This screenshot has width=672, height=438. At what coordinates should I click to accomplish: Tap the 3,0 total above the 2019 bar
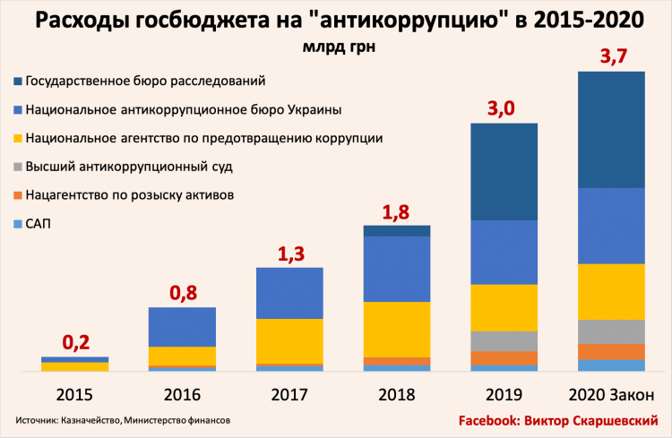(x=504, y=110)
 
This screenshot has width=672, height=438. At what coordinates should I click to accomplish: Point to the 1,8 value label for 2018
(x=397, y=212)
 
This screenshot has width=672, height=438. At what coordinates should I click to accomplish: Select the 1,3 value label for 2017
(x=289, y=254)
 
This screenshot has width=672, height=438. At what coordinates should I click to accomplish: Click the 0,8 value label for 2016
(x=182, y=293)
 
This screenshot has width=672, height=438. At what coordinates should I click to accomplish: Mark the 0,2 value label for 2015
(x=74, y=343)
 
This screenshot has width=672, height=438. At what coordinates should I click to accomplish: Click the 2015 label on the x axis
(x=74, y=394)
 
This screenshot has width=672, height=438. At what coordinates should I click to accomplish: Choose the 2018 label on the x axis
(x=397, y=394)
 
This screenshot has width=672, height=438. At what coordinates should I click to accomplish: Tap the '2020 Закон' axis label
(x=611, y=394)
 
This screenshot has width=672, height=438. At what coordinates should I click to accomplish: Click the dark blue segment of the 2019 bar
(x=504, y=171)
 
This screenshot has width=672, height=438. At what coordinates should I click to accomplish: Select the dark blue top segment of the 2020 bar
(x=611, y=129)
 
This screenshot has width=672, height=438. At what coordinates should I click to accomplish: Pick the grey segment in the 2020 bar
(x=611, y=331)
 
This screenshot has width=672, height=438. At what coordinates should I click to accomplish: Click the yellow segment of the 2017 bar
(x=289, y=340)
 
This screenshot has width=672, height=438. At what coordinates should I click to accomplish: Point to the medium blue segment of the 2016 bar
(x=182, y=326)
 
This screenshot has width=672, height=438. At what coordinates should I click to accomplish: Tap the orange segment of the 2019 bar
(x=504, y=357)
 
